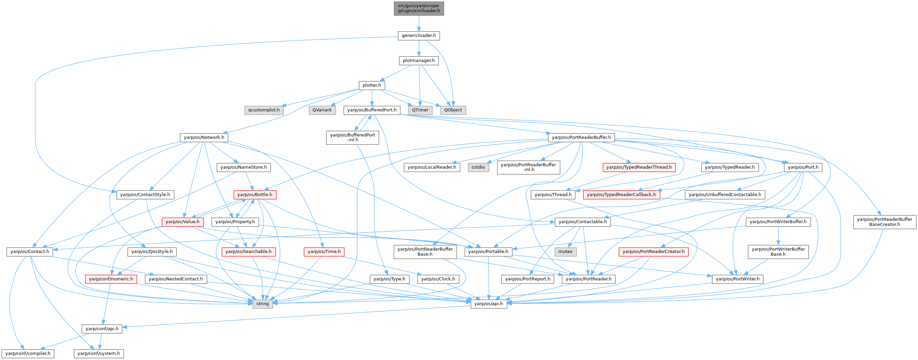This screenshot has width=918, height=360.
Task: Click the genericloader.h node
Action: point(419,36)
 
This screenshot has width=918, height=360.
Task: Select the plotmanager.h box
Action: point(419,61)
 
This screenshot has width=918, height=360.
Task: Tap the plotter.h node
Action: point(372,85)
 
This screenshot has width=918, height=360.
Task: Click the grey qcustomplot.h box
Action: point(264,110)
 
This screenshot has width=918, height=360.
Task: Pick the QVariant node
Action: point(322,110)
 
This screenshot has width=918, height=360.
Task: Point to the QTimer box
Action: point(420,110)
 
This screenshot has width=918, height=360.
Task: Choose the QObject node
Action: point(453,110)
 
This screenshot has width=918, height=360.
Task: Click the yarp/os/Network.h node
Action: point(204,137)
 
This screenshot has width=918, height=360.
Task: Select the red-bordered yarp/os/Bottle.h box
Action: point(255,195)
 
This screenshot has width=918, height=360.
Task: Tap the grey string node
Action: point(263,304)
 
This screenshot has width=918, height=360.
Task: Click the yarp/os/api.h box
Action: point(489,304)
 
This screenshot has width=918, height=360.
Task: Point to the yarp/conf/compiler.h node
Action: point(28,354)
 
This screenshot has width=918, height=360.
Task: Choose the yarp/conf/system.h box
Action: point(99,354)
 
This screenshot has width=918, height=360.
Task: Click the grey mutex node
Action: point(565,252)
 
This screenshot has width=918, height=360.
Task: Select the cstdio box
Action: point(478,167)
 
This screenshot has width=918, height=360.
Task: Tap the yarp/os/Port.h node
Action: point(803,167)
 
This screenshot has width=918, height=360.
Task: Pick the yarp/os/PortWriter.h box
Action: point(738,279)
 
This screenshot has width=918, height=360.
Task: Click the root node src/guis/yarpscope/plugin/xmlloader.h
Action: point(419,8)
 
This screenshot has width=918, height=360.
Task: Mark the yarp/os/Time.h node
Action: point(324,252)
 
